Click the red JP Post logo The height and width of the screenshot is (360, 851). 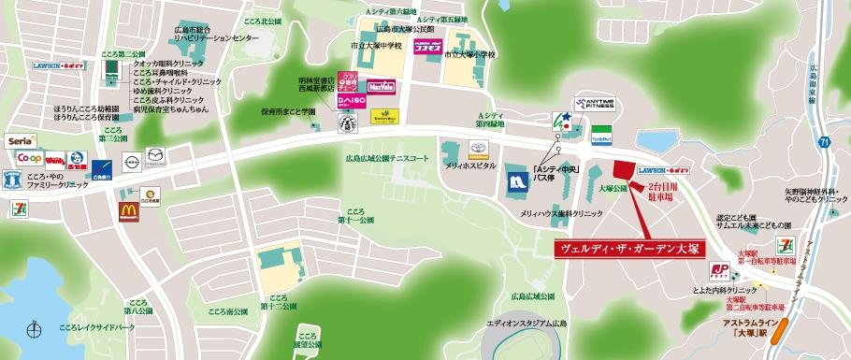(x=721, y=272)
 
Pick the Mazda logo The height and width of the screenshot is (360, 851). (x=155, y=162)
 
